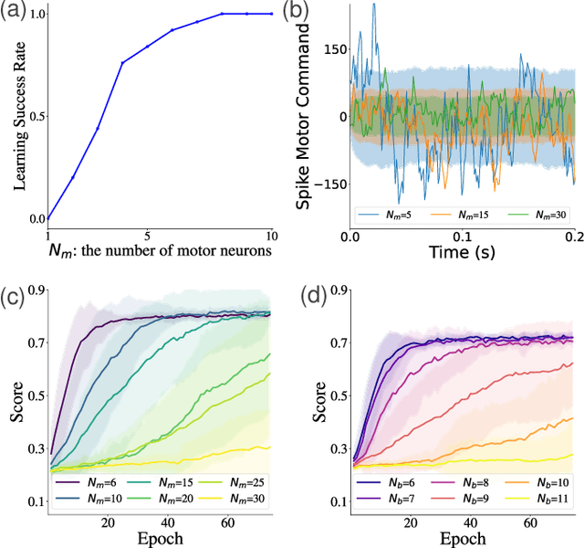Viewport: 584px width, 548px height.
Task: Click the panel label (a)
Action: [x=16, y=11]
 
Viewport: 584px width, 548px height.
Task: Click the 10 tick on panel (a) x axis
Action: [x=270, y=235]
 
